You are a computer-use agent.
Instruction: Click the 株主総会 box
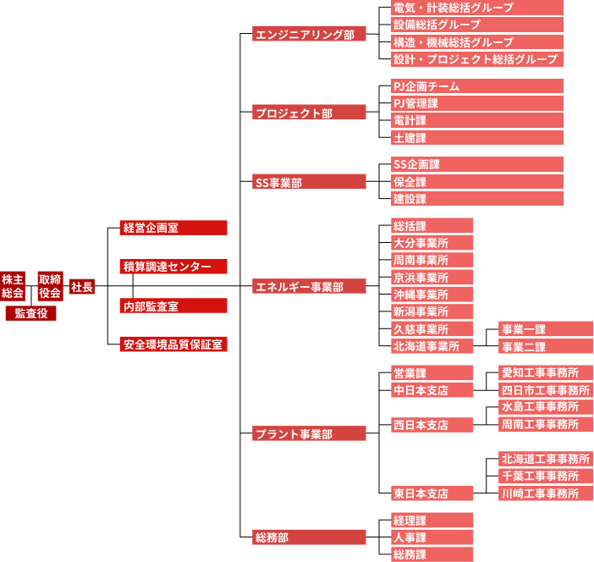pyautogui.click(x=13, y=286)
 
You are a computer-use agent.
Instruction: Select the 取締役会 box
pyautogui.click(x=50, y=286)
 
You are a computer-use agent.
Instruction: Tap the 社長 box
pyautogui.click(x=82, y=287)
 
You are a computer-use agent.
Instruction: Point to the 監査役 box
pyautogui.click(x=30, y=313)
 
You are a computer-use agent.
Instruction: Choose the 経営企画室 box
pyautogui.click(x=173, y=228)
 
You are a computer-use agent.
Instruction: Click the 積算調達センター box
pyautogui.click(x=173, y=267)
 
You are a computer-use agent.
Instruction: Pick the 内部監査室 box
pyautogui.click(x=173, y=306)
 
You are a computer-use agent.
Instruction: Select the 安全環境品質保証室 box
pyautogui.click(x=173, y=344)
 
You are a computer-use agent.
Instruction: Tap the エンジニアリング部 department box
pyautogui.click(x=309, y=34)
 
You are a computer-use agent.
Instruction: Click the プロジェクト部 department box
pyautogui.click(x=309, y=113)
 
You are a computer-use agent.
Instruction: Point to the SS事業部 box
pyautogui.click(x=309, y=182)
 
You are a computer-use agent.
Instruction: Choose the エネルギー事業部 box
pyautogui.click(x=309, y=287)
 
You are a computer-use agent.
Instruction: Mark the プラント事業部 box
pyautogui.click(x=309, y=433)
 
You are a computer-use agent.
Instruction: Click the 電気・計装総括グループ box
pyautogui.click(x=476, y=8)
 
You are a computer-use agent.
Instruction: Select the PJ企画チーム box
pyautogui.click(x=476, y=86)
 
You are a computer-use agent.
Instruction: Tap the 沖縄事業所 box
pyautogui.click(x=432, y=295)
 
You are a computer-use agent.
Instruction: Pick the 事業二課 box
pyautogui.click(x=545, y=347)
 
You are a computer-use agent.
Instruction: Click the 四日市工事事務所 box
pyautogui.click(x=545, y=390)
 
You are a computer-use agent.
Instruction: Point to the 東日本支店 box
pyautogui.click(x=432, y=493)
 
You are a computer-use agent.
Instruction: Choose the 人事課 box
pyautogui.click(x=432, y=537)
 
